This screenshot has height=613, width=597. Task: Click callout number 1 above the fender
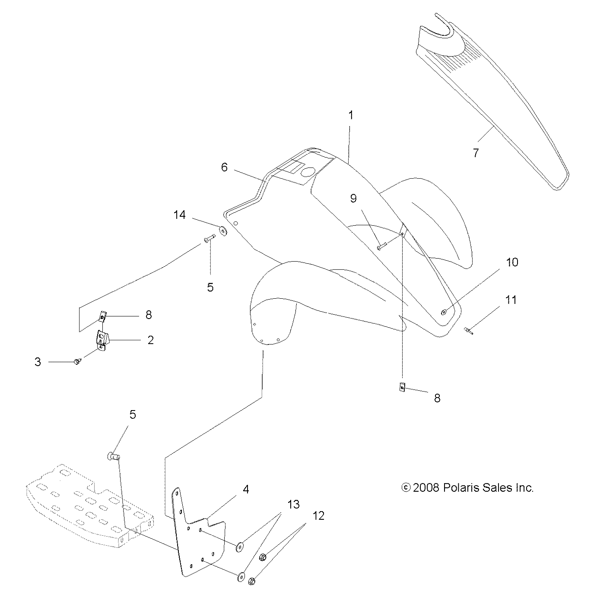coord(351,115)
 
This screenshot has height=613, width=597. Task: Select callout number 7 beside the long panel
coord(476,153)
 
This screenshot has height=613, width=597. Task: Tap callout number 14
coord(180,215)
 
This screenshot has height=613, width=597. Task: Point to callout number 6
coord(224,167)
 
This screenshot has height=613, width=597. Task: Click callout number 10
coord(512,262)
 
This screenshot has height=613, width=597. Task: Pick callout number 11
coord(511,300)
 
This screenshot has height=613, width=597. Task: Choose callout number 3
coord(38,362)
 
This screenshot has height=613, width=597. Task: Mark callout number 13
coord(294,504)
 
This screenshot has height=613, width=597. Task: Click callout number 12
coord(318,515)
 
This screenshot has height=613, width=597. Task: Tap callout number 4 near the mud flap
coord(246,489)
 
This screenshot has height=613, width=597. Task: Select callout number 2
coord(150,340)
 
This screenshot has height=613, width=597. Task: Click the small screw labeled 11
coord(468,331)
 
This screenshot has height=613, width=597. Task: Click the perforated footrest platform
coord(86,507)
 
